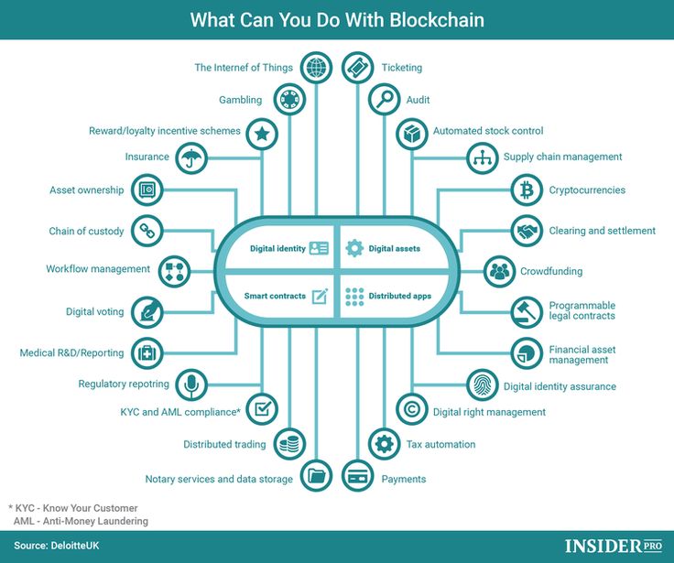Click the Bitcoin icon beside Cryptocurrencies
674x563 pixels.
pyautogui.click(x=527, y=189)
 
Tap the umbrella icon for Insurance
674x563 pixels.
pyautogui.click(x=191, y=158)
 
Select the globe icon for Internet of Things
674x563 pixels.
pyautogui.click(x=316, y=67)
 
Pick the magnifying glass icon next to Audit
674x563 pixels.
pyautogui.click(x=385, y=99)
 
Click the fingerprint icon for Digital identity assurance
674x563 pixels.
pyautogui.click(x=483, y=385)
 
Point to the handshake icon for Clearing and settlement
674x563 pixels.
pyautogui.click(x=527, y=232)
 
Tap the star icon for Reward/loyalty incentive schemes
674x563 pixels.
pyautogui.click(x=262, y=134)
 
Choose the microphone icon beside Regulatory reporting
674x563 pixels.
pyautogui.click(x=191, y=384)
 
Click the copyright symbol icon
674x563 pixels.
pyautogui.click(x=412, y=409)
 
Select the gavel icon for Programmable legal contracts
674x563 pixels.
pyautogui.click(x=527, y=312)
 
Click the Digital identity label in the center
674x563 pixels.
pyautogui.click(x=277, y=248)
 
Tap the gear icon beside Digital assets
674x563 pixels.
pyautogui.click(x=354, y=248)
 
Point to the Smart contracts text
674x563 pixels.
pyautogui.click(x=275, y=296)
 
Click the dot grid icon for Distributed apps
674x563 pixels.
pyautogui.click(x=354, y=297)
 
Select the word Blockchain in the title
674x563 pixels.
pyautogui.click(x=437, y=20)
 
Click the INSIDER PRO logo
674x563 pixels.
pyautogui.click(x=614, y=546)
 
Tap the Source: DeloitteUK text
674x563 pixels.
pyautogui.click(x=56, y=546)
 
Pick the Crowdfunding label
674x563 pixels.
pyautogui.click(x=551, y=271)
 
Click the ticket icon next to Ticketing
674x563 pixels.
pyautogui.click(x=358, y=67)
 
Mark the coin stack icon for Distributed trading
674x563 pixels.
pyautogui.click(x=289, y=444)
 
